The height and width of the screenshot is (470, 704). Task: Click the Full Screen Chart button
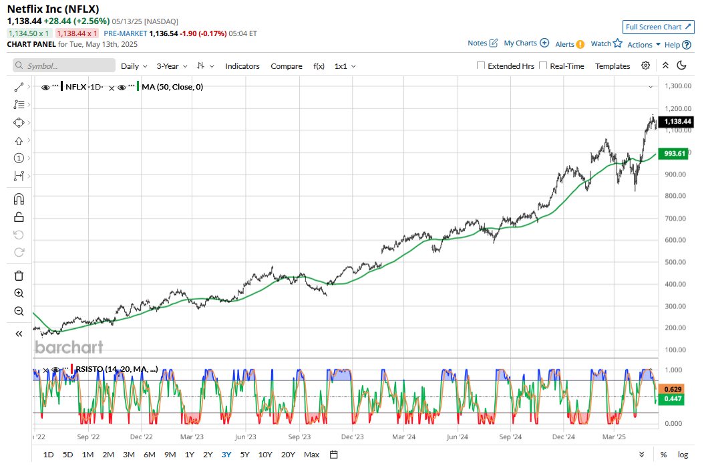pyautogui.click(x=657, y=27)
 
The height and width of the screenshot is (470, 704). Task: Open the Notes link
pyautogui.click(x=482, y=43)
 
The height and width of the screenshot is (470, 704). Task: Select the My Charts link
pyautogui.click(x=526, y=43)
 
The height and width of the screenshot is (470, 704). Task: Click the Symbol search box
pyautogui.click(x=64, y=66)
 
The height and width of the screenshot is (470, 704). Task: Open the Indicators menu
pyautogui.click(x=242, y=66)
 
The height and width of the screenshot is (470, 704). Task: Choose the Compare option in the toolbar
pyautogui.click(x=287, y=66)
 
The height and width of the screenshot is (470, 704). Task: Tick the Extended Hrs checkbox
pyautogui.click(x=481, y=66)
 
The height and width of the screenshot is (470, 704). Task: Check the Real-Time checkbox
pyautogui.click(x=543, y=66)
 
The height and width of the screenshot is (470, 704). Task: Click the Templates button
pyautogui.click(x=612, y=66)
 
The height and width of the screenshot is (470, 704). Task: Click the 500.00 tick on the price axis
pyautogui.click(x=677, y=262)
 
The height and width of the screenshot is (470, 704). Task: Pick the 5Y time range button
pyautogui.click(x=244, y=455)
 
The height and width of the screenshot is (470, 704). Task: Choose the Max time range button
pyautogui.click(x=311, y=455)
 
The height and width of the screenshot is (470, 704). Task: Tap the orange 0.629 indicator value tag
pyautogui.click(x=673, y=388)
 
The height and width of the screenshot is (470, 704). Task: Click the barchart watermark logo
pyautogui.click(x=69, y=347)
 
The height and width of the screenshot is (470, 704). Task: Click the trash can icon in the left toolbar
pyautogui.click(x=19, y=275)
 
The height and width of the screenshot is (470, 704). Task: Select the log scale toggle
pyautogui.click(x=683, y=455)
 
